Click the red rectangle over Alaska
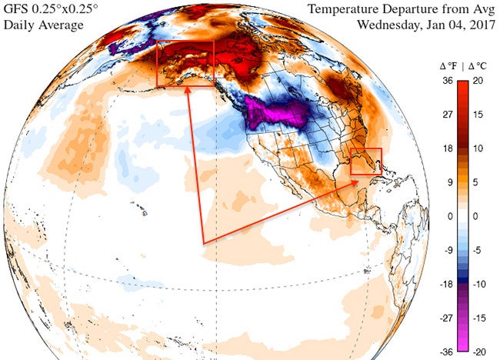pos(185,64)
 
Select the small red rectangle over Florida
pos(365,162)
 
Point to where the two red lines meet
pos(204,244)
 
